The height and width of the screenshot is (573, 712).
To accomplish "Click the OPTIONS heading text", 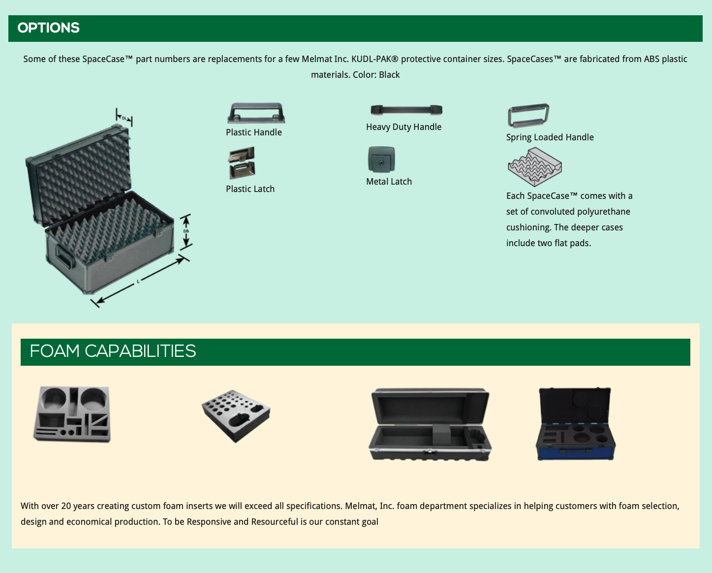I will [48, 28].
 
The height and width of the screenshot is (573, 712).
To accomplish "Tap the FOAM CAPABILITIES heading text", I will [113, 351].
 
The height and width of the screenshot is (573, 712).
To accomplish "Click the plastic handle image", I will [256, 113].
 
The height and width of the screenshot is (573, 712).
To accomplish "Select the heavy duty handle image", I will [406, 110].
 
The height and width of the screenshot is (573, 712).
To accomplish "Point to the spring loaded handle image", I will [528, 115].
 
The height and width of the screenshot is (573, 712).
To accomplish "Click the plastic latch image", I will [242, 163].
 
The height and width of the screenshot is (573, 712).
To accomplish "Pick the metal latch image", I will [381, 159].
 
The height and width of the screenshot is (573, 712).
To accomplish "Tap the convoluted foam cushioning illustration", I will [534, 167].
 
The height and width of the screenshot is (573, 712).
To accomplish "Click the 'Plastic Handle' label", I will [254, 132].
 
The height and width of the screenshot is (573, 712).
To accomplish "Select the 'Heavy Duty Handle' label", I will [403, 127].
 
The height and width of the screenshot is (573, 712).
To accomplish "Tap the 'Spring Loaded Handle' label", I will [550, 137].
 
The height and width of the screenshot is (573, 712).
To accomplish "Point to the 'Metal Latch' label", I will [389, 182].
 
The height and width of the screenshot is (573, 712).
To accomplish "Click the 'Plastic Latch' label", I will [250, 189].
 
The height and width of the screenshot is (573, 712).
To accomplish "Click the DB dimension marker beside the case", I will [186, 231].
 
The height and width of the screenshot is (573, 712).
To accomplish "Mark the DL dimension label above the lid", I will [124, 118].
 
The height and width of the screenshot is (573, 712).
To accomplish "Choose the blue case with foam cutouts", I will [575, 424].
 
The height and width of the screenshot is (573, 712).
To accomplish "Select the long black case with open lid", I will [430, 424].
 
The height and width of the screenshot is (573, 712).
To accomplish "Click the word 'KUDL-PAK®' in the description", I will [374, 59].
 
